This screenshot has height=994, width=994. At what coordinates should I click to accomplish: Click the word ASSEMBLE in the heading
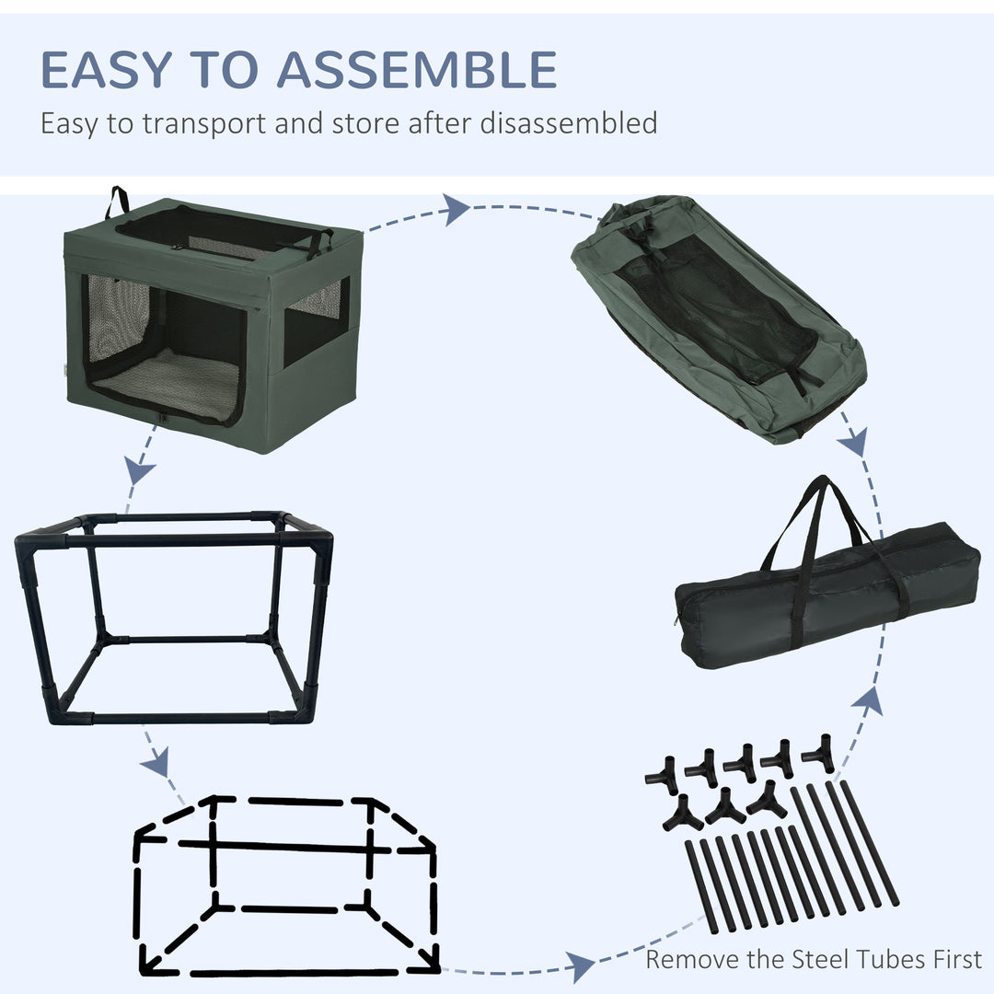417,69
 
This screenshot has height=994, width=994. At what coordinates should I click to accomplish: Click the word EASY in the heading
107,69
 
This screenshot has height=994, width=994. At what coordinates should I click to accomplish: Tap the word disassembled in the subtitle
569,122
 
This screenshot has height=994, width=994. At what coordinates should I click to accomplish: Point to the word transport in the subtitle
203,124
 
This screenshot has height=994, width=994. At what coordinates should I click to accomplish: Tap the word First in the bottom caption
957,959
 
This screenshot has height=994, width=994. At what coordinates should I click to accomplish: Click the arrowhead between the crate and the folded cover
456,210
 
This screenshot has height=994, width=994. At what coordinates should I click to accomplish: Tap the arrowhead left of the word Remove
580,967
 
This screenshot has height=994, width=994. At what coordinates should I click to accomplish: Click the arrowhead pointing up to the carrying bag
868,701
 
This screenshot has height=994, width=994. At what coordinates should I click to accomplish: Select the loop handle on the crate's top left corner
117,202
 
